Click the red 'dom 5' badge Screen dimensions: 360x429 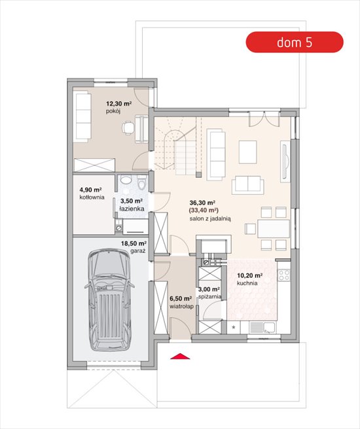click(x=295, y=42)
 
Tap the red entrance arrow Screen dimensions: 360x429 click(x=180, y=356)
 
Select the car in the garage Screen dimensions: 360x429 click(x=109, y=300)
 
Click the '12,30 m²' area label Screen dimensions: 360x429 click(x=119, y=104)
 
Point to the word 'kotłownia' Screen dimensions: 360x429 click(x=92, y=197)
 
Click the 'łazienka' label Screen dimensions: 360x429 click(x=132, y=209)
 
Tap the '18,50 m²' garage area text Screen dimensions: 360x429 click(x=134, y=243)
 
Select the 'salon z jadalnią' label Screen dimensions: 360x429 click(x=210, y=219)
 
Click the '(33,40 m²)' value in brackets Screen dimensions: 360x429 click(x=204, y=211)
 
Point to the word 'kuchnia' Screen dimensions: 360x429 click(x=247, y=283)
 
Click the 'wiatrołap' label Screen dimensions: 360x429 click(x=181, y=307)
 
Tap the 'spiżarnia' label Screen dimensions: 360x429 click(x=209, y=297)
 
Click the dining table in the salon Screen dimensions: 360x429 click(x=273, y=229)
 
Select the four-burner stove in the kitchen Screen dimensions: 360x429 click(x=284, y=275)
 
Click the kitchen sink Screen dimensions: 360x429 click(x=262, y=327)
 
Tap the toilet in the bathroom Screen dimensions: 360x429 click(x=141, y=182)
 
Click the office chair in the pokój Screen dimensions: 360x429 click(x=128, y=128)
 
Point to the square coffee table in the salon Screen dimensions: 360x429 click(x=248, y=152)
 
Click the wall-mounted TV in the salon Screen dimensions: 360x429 click(x=285, y=161)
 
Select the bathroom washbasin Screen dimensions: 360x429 click(x=126, y=180)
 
